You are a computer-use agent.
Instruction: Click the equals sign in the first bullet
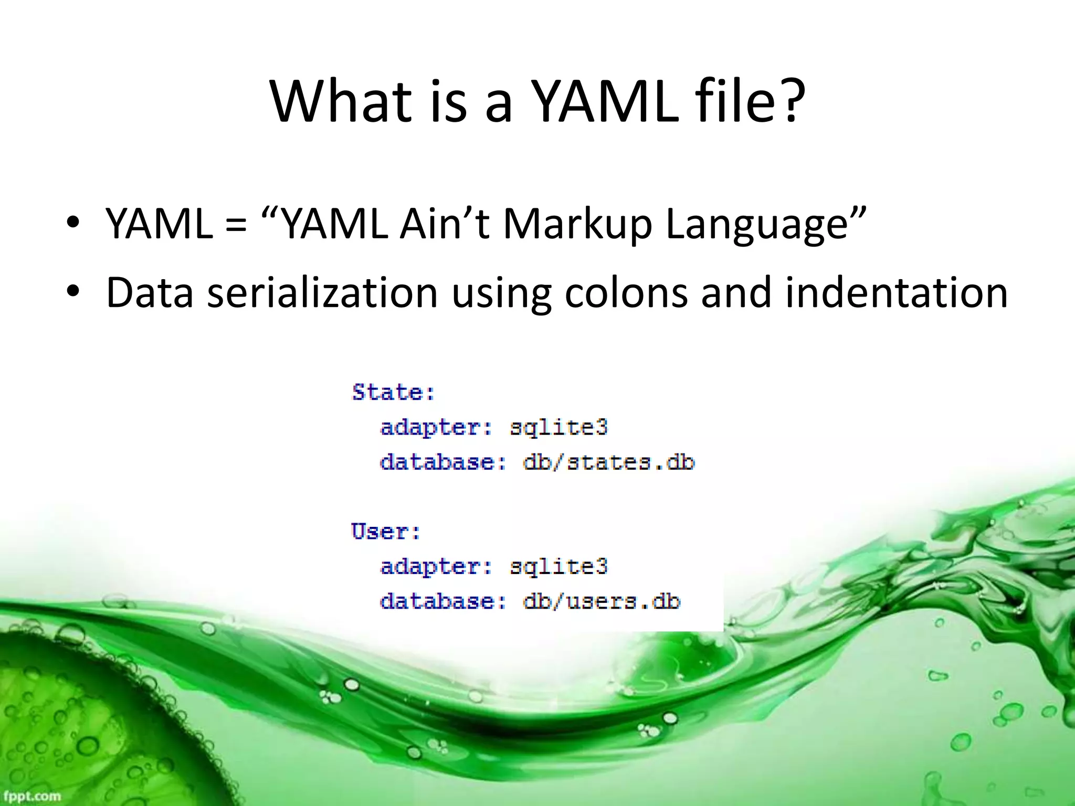click(x=236, y=225)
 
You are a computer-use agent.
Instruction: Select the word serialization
click(x=322, y=292)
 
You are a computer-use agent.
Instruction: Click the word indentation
click(x=896, y=292)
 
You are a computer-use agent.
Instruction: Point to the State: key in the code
click(x=393, y=393)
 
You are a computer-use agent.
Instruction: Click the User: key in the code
click(x=386, y=532)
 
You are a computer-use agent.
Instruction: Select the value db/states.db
click(x=608, y=462)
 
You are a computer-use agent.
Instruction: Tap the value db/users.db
click(x=602, y=601)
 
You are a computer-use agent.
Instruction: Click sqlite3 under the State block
click(x=558, y=427)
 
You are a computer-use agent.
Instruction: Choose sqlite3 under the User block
click(x=558, y=567)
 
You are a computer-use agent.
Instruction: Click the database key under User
click(x=442, y=601)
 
